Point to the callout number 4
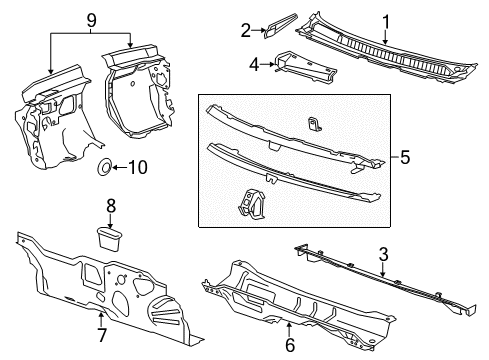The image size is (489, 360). point(253,66)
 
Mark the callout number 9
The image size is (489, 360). point(91,17)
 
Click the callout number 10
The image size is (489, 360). point(138,167)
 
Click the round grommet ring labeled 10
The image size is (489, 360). point(106,167)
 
